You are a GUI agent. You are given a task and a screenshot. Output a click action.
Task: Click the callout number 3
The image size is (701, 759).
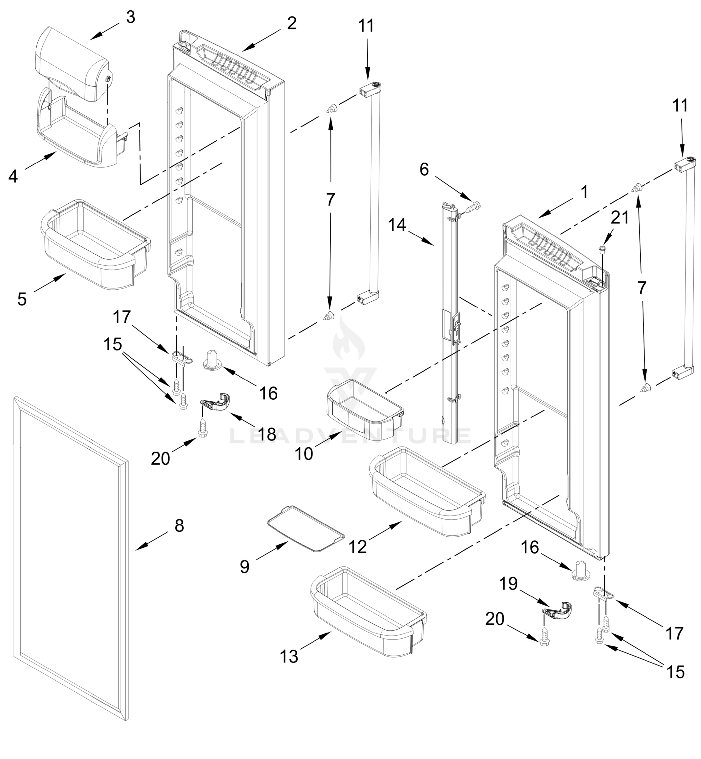pyautogui.click(x=130, y=17)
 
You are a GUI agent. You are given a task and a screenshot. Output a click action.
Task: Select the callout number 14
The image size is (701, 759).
pyautogui.click(x=397, y=225)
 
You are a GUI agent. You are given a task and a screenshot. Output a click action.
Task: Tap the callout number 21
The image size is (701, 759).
pyautogui.click(x=619, y=218)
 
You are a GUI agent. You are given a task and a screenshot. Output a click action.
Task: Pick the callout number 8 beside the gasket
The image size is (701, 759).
pyautogui.click(x=179, y=526)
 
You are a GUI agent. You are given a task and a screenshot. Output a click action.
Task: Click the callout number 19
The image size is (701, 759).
pyautogui.click(x=508, y=584)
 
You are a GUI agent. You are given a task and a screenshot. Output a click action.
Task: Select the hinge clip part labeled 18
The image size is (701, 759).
pyautogui.click(x=216, y=403)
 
